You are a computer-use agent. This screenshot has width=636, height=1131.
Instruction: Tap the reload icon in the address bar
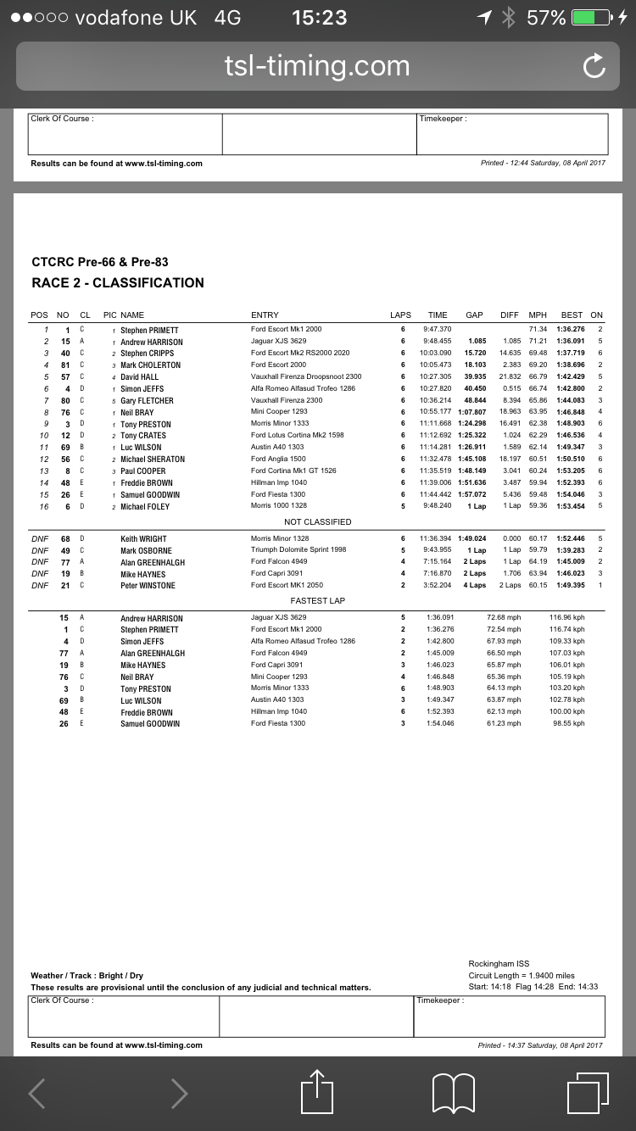coord(594,66)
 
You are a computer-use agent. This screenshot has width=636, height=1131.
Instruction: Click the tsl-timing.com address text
coord(317,66)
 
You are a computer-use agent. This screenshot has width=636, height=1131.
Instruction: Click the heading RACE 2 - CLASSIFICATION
coord(118,283)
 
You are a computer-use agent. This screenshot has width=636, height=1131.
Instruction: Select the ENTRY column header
coord(265,315)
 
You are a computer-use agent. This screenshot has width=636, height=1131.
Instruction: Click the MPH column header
coord(538,315)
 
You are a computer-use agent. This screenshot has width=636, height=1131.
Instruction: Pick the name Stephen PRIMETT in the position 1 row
coord(149,330)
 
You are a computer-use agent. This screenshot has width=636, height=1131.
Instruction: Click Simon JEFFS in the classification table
coord(142,389)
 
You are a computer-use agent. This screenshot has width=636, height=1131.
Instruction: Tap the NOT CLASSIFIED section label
coord(317,522)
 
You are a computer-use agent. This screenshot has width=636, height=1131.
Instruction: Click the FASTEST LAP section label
coord(317,600)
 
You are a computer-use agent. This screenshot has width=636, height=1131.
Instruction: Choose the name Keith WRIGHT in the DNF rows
coord(143,538)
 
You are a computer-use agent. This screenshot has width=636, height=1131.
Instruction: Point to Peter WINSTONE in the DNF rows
coord(148,586)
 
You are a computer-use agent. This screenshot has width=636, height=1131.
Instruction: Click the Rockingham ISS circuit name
coord(498,964)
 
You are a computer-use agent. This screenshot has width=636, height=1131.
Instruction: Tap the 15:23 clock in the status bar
coord(319,18)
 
